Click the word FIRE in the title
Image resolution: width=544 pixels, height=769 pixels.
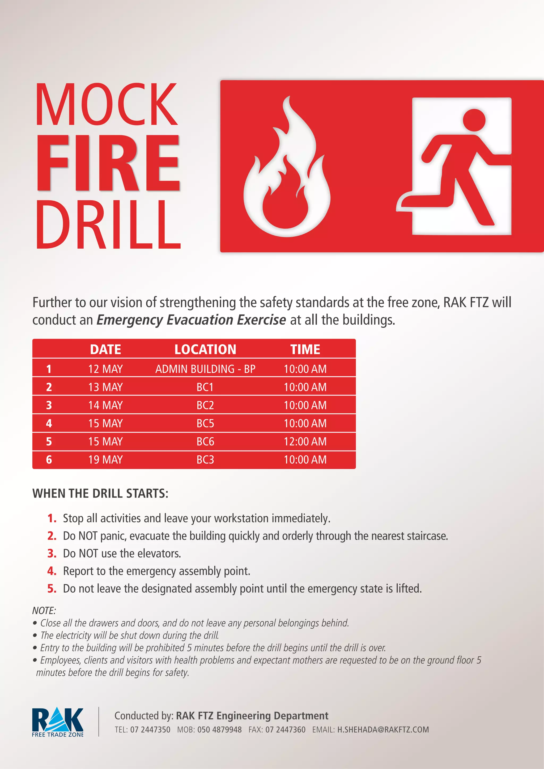point(108,163)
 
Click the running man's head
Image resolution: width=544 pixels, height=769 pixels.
point(474,120)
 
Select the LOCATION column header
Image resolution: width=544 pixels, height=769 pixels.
point(205,349)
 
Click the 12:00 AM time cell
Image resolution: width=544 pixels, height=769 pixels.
point(305,441)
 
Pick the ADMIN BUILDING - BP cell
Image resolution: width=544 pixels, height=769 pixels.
point(205,369)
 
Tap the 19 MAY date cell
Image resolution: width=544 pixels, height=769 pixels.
point(105,460)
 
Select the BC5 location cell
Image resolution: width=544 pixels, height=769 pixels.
point(205,423)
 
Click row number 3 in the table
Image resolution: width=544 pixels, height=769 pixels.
point(49,405)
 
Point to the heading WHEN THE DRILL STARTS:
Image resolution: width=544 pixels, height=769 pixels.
point(100,493)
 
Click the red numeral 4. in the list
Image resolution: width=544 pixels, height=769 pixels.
point(52,571)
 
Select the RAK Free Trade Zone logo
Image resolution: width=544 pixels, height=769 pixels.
point(58,722)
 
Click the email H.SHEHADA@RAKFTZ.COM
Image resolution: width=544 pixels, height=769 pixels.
point(382,730)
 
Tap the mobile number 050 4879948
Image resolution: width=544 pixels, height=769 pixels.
point(219,730)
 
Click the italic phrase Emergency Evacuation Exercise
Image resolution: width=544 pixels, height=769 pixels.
point(191,320)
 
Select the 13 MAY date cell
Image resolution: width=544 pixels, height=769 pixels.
point(105,387)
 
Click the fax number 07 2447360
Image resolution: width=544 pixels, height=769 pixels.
point(285,730)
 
